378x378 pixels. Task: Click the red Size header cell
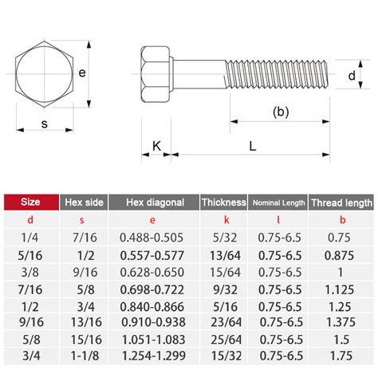[30, 203]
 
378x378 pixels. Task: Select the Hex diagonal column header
[154, 203]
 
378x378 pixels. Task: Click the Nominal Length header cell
[278, 203]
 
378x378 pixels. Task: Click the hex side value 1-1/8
[84, 355]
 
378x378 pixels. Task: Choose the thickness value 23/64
[223, 321]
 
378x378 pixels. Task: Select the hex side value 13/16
[84, 321]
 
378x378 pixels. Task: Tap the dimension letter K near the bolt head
[156, 147]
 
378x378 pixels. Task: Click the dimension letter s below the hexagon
[45, 124]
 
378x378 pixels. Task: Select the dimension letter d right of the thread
[352, 76]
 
